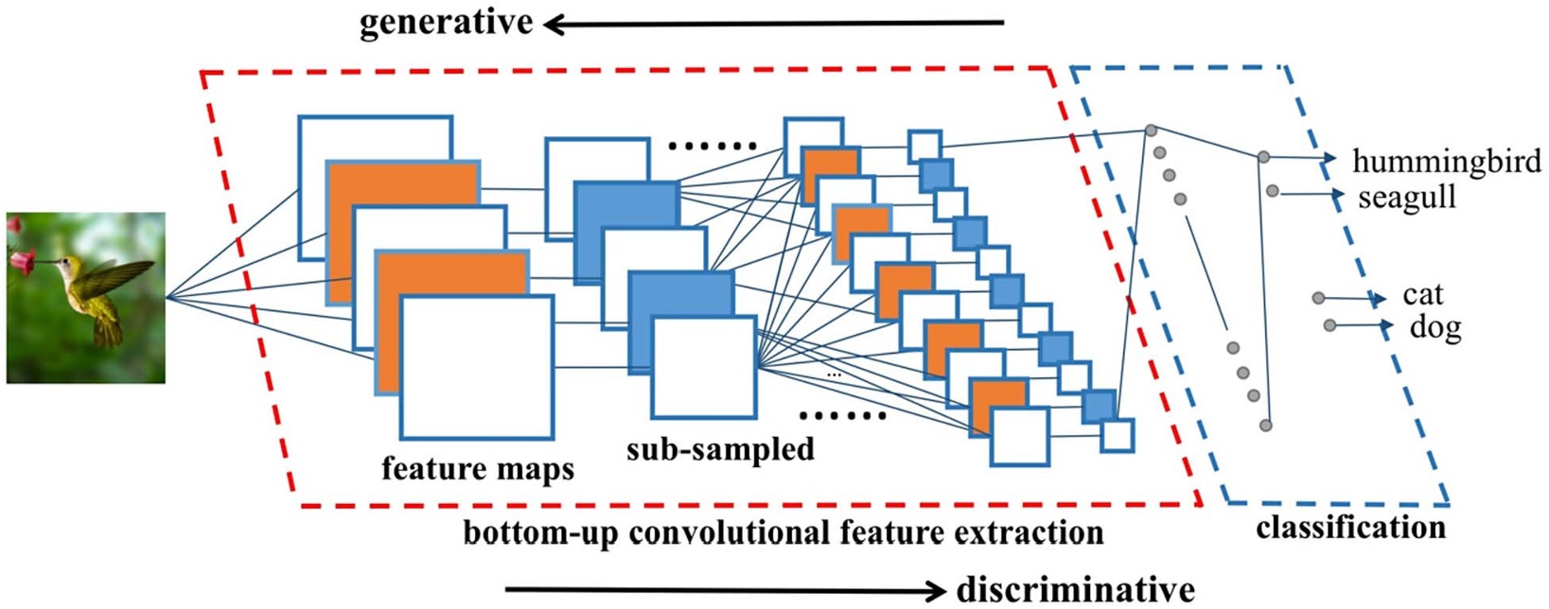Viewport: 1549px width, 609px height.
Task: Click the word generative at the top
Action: click(x=446, y=23)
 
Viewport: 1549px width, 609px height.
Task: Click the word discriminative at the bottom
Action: click(x=1075, y=589)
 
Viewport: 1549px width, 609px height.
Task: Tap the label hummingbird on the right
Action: click(x=1446, y=162)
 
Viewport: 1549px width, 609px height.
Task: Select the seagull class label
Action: click(x=1406, y=199)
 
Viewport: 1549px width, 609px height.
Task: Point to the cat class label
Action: click(x=1422, y=295)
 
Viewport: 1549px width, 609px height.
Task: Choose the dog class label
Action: click(x=1435, y=328)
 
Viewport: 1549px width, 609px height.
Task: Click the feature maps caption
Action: click(x=478, y=468)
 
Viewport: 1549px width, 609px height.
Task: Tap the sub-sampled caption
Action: click(x=720, y=449)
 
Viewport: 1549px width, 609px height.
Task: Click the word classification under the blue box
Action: click(x=1350, y=528)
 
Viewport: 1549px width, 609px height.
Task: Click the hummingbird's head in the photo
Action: click(x=66, y=264)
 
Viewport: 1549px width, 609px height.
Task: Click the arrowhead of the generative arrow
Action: click(x=552, y=25)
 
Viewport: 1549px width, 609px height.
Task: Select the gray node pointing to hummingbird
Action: click(x=1262, y=157)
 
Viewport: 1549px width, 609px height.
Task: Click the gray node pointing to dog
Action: click(x=1329, y=325)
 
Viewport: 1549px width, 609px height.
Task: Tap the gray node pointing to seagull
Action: click(x=1272, y=192)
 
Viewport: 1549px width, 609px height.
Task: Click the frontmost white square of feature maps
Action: click(x=476, y=367)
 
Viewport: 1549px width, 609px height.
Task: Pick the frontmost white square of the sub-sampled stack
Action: click(x=703, y=368)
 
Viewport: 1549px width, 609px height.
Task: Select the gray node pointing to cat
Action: click(x=1318, y=298)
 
